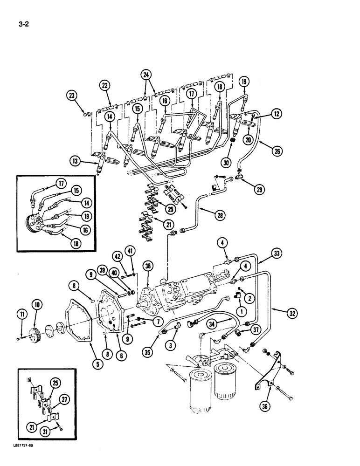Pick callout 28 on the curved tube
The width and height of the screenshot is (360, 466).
(x=218, y=215)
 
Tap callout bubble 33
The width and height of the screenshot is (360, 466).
(x=278, y=254)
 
